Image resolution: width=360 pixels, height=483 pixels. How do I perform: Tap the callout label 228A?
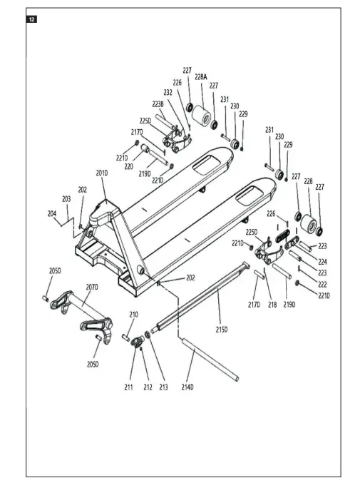(x=201, y=76)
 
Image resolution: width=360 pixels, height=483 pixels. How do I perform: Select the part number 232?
(x=168, y=93)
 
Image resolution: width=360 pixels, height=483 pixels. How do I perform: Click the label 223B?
(x=158, y=104)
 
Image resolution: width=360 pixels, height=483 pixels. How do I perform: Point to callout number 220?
(x=128, y=166)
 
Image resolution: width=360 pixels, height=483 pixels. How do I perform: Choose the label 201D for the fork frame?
(x=102, y=173)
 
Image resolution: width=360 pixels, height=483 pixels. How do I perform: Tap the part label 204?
(x=52, y=213)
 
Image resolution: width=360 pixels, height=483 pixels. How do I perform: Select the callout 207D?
(x=91, y=287)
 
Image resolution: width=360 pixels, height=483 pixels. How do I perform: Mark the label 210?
(x=133, y=315)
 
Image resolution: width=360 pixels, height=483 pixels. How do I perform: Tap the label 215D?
(x=222, y=330)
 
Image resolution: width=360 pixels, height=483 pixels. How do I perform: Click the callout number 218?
(x=272, y=304)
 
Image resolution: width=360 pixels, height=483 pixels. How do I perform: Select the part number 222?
(x=323, y=284)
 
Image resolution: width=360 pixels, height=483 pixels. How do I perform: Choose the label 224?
(x=323, y=261)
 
